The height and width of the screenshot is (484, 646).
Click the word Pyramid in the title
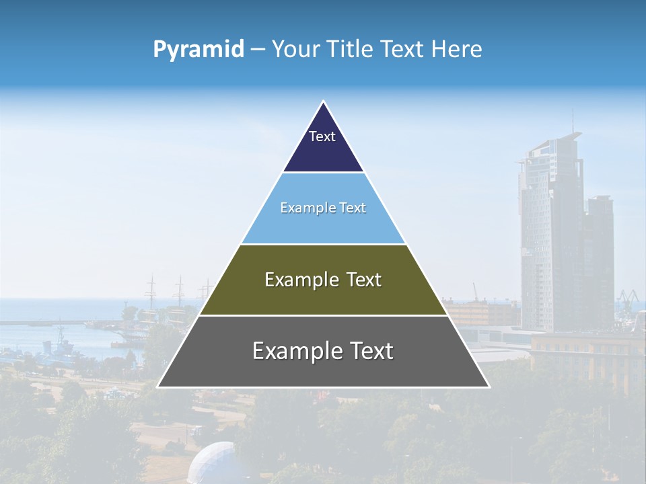click(x=199, y=50)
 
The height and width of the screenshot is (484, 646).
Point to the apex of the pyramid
click(x=324, y=102)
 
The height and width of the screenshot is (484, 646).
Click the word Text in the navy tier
click(x=322, y=136)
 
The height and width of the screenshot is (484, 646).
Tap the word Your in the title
click(x=294, y=49)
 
